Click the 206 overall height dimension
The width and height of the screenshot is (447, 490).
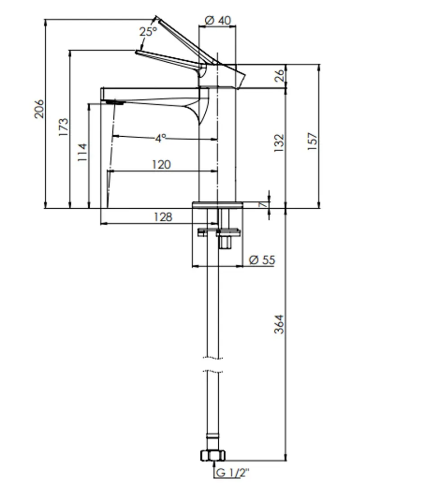tap(40, 109)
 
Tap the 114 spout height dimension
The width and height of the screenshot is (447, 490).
tap(83, 153)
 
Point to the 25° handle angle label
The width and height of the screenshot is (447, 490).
tap(148, 32)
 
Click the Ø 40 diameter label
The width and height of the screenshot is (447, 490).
tap(217, 20)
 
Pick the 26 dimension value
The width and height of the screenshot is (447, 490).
tap(280, 75)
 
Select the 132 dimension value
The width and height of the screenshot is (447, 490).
tap(280, 143)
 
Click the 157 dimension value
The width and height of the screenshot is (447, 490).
tap(313, 141)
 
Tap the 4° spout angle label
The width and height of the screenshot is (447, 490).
tap(161, 138)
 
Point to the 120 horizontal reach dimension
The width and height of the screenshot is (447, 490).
tap(161, 165)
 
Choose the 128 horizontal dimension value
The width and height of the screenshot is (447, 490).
tap(163, 217)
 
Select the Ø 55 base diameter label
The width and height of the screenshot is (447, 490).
tap(262, 260)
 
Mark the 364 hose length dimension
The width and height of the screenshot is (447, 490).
tap(280, 324)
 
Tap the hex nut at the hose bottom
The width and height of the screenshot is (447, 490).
tap(212, 455)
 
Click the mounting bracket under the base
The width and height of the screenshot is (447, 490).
tap(219, 233)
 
